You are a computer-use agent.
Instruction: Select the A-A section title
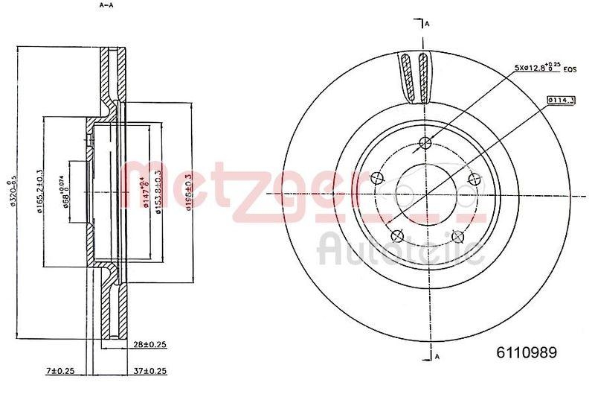106,6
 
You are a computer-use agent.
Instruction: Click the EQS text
570,70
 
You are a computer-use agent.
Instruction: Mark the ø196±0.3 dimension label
190,192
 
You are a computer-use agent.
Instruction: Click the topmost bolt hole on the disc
425,144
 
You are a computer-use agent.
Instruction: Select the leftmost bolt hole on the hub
376,177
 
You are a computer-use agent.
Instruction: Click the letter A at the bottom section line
437,356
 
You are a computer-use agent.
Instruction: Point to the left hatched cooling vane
406,78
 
